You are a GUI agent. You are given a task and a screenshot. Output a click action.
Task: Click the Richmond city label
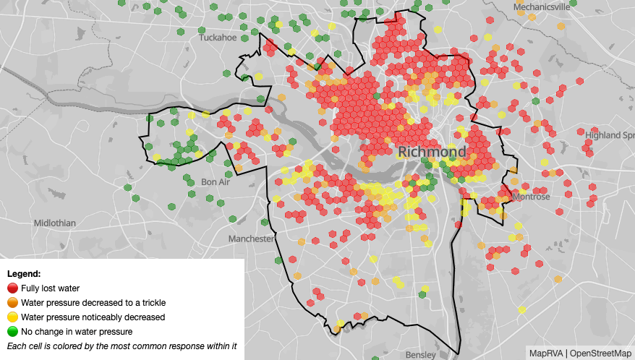pos(432,152)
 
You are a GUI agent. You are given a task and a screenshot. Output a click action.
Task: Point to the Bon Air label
pos(215,181)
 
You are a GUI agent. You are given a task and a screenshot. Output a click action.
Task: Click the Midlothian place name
pos(54,223)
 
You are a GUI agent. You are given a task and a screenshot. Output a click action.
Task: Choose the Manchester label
pos(251,239)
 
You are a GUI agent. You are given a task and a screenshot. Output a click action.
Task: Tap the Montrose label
pos(531,197)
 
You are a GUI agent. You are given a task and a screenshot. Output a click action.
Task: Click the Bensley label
pos(420,354)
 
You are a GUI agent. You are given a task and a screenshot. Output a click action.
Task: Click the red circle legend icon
pos(12,288)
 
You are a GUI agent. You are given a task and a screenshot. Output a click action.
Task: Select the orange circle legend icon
pos(12,302)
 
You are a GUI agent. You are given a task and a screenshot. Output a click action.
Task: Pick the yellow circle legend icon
pos(12,317)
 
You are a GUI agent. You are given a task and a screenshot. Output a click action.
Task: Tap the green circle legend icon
pos(12,331)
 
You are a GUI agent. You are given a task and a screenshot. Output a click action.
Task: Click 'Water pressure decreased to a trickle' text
pos(93,302)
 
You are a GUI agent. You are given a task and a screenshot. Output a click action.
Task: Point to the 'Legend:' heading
pos(23,274)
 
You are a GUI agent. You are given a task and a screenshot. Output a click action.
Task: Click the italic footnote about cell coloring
pos(122,346)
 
